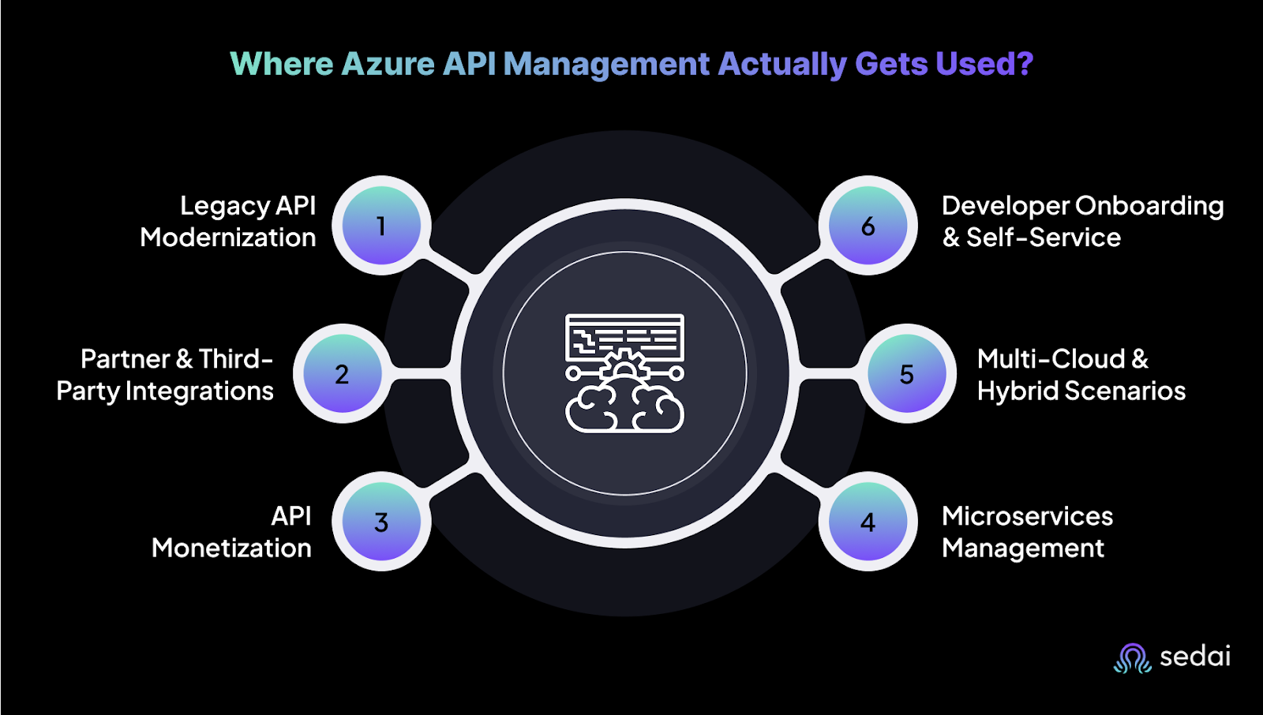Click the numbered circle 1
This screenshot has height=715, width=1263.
tap(381, 226)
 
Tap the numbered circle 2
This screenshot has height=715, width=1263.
tap(342, 373)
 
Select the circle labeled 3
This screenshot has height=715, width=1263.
tap(381, 522)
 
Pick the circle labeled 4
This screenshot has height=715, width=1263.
tap(868, 522)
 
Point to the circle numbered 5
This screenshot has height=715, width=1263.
tap(907, 373)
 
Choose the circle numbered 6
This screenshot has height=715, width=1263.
tap(868, 226)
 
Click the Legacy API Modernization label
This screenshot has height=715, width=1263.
tap(229, 222)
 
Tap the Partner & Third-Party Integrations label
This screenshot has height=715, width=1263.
tap(166, 375)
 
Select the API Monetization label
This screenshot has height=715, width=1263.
tap(232, 532)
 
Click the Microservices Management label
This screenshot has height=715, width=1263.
tap(1027, 532)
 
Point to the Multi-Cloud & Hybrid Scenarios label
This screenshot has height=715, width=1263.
tap(1081, 375)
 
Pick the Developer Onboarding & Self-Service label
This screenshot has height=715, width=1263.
tap(1082, 222)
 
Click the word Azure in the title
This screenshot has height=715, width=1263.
tap(388, 64)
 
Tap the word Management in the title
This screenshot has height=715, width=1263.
tap(606, 64)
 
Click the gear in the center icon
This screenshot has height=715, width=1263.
tap(624, 365)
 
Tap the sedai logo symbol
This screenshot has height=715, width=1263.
tap(1133, 657)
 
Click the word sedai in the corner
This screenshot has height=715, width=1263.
tap(1195, 657)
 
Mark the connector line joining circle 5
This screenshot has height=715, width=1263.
tap(828, 373)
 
